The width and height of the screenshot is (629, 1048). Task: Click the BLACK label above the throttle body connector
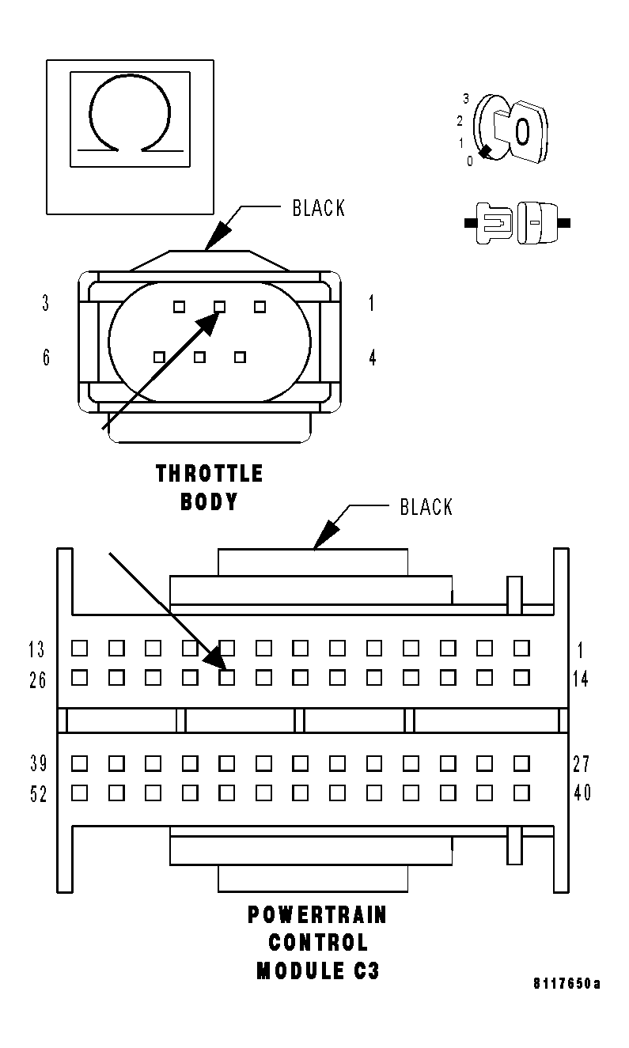[319, 208]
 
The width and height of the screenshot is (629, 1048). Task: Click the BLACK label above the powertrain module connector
[426, 507]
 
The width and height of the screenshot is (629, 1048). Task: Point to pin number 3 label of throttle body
[46, 303]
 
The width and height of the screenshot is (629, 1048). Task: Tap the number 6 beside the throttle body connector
[46, 358]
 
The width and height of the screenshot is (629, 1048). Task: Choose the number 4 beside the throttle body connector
[372, 358]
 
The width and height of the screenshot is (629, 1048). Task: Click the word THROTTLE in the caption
[210, 474]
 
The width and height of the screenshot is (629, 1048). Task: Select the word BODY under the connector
[210, 502]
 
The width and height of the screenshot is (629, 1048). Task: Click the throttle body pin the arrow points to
[220, 306]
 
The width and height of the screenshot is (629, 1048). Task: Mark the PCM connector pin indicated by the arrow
[227, 677]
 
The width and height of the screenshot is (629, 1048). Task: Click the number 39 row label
[38, 764]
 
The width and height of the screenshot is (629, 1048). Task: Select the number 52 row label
[38, 794]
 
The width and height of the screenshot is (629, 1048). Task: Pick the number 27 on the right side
[582, 764]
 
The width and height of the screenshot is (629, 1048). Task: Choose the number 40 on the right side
[582, 793]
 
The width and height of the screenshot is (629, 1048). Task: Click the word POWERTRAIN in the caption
[318, 915]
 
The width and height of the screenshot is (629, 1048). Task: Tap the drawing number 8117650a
[566, 984]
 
